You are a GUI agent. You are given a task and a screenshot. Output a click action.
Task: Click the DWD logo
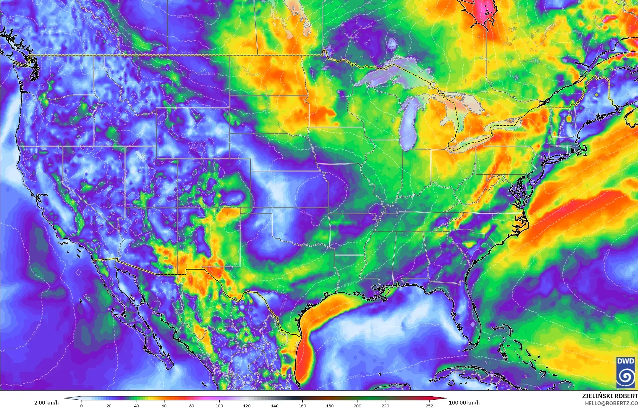(x=625, y=372)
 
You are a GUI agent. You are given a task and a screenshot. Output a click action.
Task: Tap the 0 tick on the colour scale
(x=81, y=405)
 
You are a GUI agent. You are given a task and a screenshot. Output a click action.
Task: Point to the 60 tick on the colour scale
(x=164, y=405)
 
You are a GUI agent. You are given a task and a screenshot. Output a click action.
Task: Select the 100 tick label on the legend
(x=219, y=405)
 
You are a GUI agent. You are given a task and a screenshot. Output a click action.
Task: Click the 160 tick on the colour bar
(x=302, y=405)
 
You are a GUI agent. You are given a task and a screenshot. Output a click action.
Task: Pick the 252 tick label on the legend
(x=429, y=405)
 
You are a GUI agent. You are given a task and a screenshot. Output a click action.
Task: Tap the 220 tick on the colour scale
(x=385, y=405)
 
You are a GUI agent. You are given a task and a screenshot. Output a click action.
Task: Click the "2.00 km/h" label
(x=46, y=403)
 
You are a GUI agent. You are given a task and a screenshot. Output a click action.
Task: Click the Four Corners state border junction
(x=177, y=208)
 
